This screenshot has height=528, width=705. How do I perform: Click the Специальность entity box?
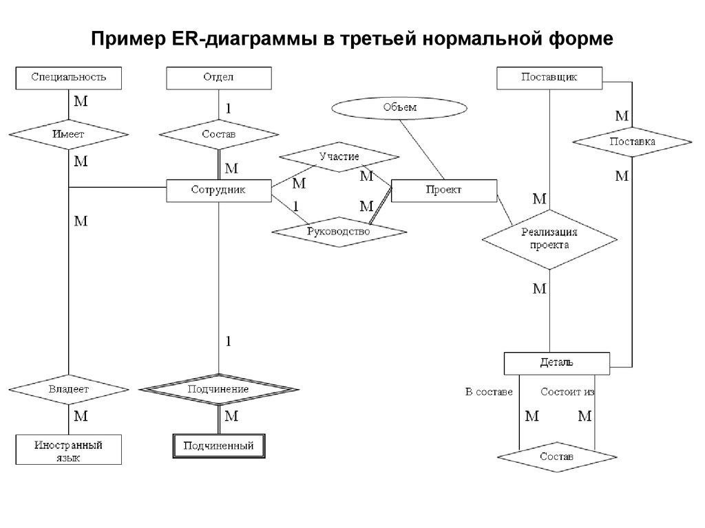[68, 77]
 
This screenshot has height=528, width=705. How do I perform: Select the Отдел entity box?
[218, 77]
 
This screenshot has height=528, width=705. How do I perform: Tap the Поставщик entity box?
[549, 77]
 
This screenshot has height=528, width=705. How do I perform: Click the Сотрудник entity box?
[219, 190]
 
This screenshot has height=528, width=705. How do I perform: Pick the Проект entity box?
[443, 190]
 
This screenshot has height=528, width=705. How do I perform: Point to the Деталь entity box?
[556, 362]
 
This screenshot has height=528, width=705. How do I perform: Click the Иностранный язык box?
[68, 450]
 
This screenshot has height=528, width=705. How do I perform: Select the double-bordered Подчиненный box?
[218, 446]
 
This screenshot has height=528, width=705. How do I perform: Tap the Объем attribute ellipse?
[399, 108]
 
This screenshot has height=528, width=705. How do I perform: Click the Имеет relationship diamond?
[68, 134]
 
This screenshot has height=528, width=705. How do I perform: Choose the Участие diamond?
[339, 157]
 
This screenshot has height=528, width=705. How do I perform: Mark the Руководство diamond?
[339, 232]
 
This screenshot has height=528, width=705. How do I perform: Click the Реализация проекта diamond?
[549, 239]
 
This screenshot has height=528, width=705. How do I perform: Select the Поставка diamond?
[632, 142]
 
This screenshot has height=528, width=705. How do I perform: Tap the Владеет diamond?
[68, 388]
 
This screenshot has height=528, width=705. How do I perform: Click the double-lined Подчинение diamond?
[218, 389]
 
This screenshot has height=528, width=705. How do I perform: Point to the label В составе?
[489, 392]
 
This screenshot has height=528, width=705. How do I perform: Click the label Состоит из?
[567, 392]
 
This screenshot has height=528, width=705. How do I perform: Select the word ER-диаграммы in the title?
[240, 38]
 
